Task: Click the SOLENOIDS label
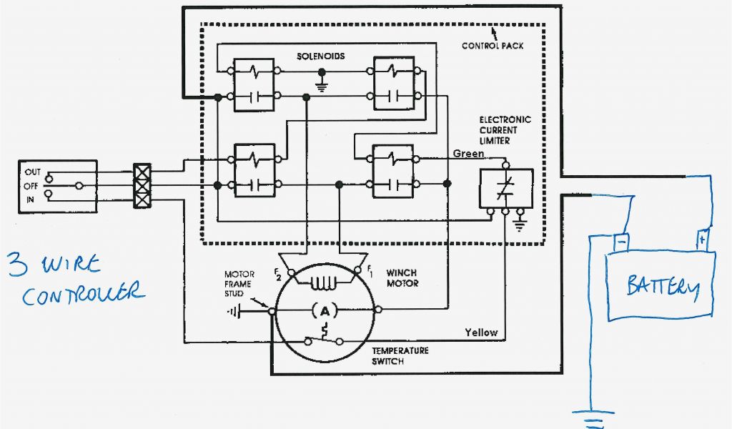point(321,56)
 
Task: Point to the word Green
point(468,154)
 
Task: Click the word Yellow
point(480,332)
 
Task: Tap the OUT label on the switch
point(33,172)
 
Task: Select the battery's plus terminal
point(703,239)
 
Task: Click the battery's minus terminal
point(621,242)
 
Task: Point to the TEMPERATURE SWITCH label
point(400,356)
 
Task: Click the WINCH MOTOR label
point(402,278)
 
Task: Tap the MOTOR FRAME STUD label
point(239,284)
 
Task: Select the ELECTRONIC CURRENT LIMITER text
point(505,130)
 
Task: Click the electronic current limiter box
point(505,189)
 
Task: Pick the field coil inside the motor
point(324,283)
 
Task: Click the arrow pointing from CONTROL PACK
point(493,33)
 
